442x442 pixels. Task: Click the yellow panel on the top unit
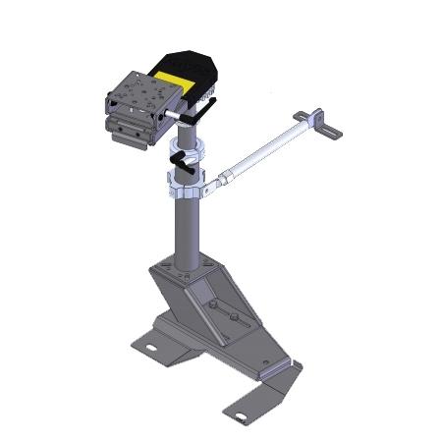point(177,81)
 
